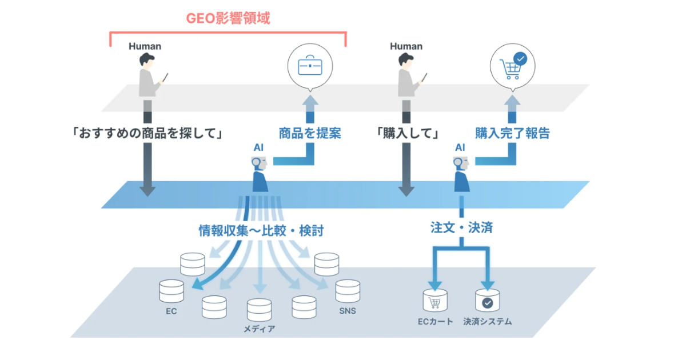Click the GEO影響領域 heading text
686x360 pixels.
coord(228,18)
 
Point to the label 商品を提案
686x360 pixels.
coord(310,134)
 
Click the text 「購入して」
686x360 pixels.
coord(407,134)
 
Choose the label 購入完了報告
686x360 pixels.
coord(512,134)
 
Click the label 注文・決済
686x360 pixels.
coord(462,227)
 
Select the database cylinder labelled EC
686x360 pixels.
coord(171,291)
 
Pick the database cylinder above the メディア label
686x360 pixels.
coord(259,310)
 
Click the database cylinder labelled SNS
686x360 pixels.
coord(347,291)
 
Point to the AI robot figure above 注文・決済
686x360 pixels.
coord(462,175)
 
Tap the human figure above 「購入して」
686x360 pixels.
coord(407,75)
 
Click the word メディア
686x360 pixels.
coord(259,329)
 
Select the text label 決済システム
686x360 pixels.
coord(488,322)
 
